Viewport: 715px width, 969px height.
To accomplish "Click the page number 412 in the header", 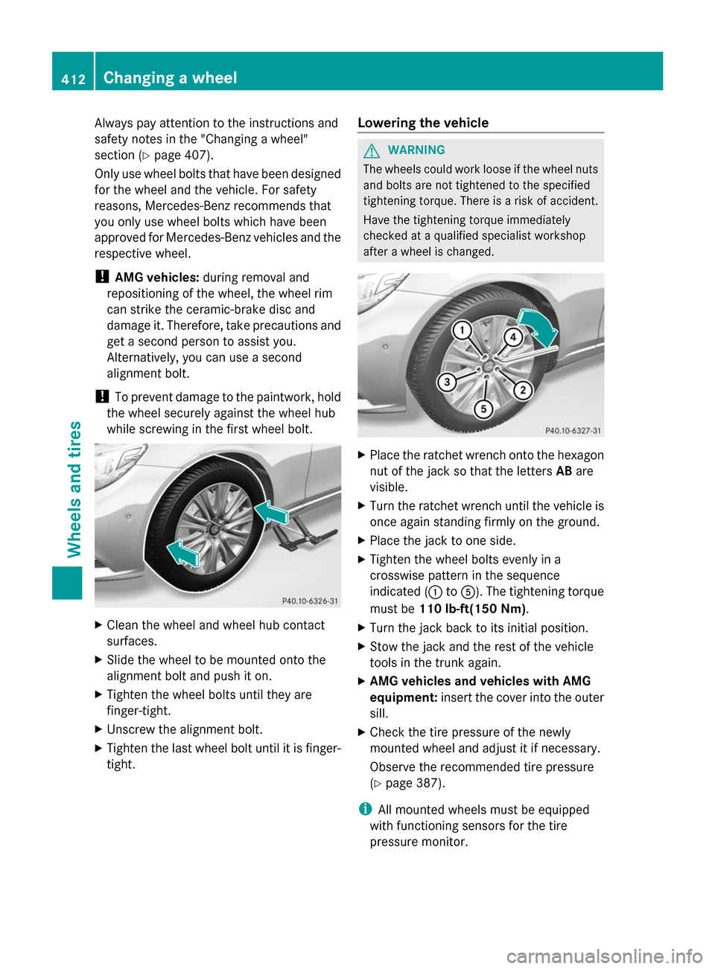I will [73, 79].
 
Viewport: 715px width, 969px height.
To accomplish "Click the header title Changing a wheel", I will [170, 78].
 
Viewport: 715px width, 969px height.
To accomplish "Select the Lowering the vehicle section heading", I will [423, 123].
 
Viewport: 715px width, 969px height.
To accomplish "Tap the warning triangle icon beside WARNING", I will [372, 150].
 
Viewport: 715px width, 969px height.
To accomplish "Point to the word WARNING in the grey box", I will [416, 150].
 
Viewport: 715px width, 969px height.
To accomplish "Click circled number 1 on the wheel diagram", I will [462, 330].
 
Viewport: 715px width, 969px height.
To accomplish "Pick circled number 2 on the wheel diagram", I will [523, 389].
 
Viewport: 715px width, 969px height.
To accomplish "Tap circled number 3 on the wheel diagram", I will [446, 383].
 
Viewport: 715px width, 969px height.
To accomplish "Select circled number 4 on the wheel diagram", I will [512, 337].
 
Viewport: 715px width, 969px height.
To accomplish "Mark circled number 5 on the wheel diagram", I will [483, 409].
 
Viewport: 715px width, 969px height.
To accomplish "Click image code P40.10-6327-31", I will [573, 430].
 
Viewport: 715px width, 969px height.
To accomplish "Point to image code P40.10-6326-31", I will [310, 601].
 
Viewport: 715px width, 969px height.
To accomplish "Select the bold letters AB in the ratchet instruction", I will [564, 471].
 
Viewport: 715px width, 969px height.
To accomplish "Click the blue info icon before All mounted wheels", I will [364, 809].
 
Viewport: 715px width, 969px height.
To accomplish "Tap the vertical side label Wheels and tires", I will [74, 489].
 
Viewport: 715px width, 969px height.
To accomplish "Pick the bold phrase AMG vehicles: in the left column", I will [156, 278].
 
